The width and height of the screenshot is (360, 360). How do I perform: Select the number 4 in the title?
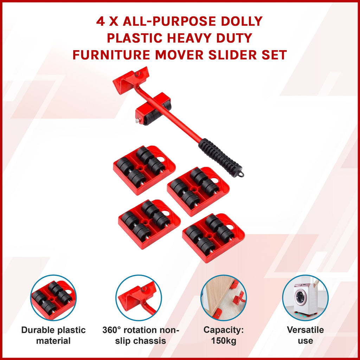pos(100,21)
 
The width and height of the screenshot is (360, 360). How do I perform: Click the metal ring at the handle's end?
pos(241,174)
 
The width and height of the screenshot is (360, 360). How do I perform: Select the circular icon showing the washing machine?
pos(306,298)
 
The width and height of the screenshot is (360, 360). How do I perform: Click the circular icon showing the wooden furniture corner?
pos(224,298)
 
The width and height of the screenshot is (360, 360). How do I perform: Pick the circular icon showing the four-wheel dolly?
pos(53,298)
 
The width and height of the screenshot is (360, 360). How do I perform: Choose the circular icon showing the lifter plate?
pos(139,298)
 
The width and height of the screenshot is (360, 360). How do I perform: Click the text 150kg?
pos(224,341)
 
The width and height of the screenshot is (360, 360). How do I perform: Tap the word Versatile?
pos(306,330)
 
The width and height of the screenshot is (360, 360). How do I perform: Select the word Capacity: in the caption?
pos(224,330)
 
